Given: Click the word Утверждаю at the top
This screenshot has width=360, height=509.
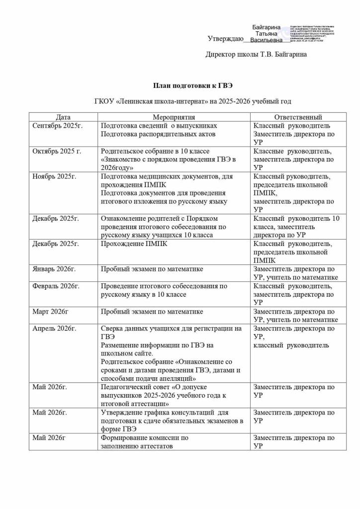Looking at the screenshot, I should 225,38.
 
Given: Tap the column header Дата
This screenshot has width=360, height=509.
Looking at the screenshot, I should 63,117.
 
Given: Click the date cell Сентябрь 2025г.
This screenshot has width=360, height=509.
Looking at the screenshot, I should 57,126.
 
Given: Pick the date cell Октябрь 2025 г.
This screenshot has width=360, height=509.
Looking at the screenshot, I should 57,151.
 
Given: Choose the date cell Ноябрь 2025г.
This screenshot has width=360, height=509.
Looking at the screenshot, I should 54,176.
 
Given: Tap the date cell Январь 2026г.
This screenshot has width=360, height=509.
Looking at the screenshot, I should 54,269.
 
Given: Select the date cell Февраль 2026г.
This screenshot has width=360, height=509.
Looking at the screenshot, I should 56,286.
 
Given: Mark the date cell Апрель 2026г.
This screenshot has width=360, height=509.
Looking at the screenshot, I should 54,329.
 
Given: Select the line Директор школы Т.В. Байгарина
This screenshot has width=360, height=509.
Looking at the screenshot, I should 256,54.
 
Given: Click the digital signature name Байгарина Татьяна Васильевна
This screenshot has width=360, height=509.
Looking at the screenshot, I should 266,33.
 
